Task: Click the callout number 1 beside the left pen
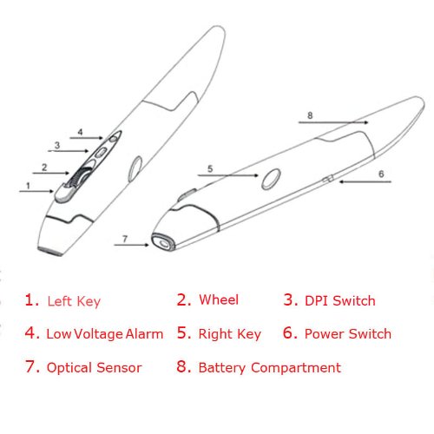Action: (28, 186)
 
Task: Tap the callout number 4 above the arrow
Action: (80, 132)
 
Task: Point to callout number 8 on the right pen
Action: (310, 115)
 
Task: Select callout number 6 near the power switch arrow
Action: (381, 174)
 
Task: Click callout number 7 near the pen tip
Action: (125, 239)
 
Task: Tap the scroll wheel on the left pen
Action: (78, 177)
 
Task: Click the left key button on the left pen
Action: (63, 193)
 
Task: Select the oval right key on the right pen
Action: (271, 180)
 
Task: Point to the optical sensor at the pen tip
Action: (163, 242)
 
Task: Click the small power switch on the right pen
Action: (328, 179)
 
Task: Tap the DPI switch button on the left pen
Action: (101, 152)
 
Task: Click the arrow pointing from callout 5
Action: (228, 175)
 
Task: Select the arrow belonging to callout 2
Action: (51, 173)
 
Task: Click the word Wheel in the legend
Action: (219, 299)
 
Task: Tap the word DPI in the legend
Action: (317, 300)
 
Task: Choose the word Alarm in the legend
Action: (144, 334)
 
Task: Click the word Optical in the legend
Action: (69, 368)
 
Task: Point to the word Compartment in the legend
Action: (296, 368)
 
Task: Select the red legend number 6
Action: (290, 332)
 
